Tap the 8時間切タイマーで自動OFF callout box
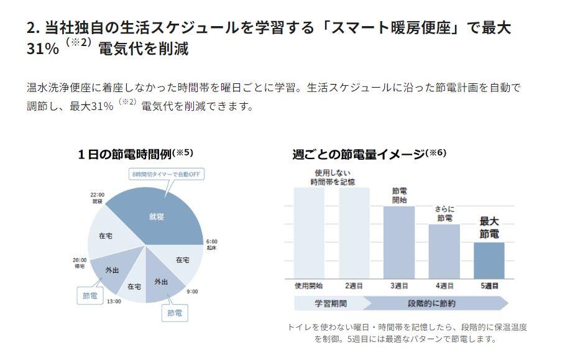point(166,175)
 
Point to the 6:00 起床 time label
point(211,244)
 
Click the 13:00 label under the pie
point(113,302)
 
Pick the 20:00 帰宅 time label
point(80,263)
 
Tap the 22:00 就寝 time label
point(97,198)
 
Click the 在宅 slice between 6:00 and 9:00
point(182,260)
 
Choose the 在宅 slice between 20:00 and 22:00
point(105,236)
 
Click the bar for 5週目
point(489,261)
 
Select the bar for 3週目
point(399,242)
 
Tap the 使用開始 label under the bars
point(308,286)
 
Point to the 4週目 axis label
point(444,286)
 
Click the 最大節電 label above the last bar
point(489,228)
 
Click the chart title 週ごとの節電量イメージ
point(359,154)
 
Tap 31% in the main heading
point(43,49)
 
